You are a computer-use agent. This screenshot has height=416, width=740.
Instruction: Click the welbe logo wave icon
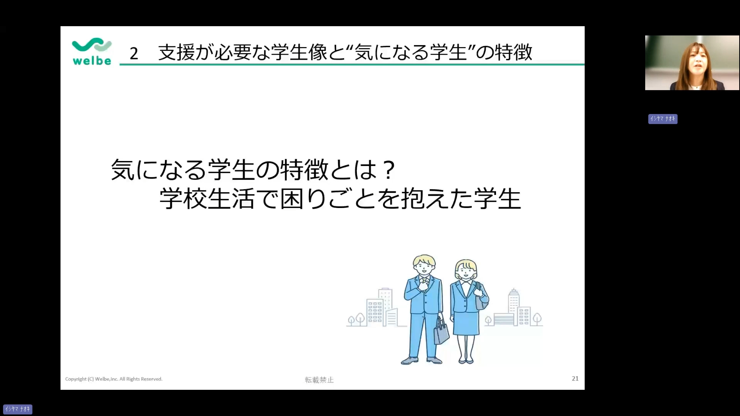(92, 45)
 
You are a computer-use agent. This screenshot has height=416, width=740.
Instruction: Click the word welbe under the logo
(92, 61)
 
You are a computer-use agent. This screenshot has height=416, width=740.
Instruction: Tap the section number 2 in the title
(134, 54)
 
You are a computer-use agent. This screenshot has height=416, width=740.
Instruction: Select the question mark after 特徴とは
(389, 170)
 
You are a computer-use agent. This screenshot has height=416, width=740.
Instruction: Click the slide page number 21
(575, 379)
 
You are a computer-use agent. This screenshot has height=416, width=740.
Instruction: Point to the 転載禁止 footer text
(319, 380)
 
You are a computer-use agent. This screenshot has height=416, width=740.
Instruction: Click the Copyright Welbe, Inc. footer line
(114, 379)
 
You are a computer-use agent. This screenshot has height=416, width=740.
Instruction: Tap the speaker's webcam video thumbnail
(692, 63)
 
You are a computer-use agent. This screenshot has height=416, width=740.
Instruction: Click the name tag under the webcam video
(663, 119)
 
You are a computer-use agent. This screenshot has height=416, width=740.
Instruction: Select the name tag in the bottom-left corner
(18, 409)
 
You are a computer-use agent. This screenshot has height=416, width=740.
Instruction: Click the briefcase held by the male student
(441, 332)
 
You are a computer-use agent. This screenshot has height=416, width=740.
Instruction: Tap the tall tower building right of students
(513, 306)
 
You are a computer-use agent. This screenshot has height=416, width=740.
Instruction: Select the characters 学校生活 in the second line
(207, 199)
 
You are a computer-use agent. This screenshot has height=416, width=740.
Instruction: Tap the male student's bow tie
(425, 278)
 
